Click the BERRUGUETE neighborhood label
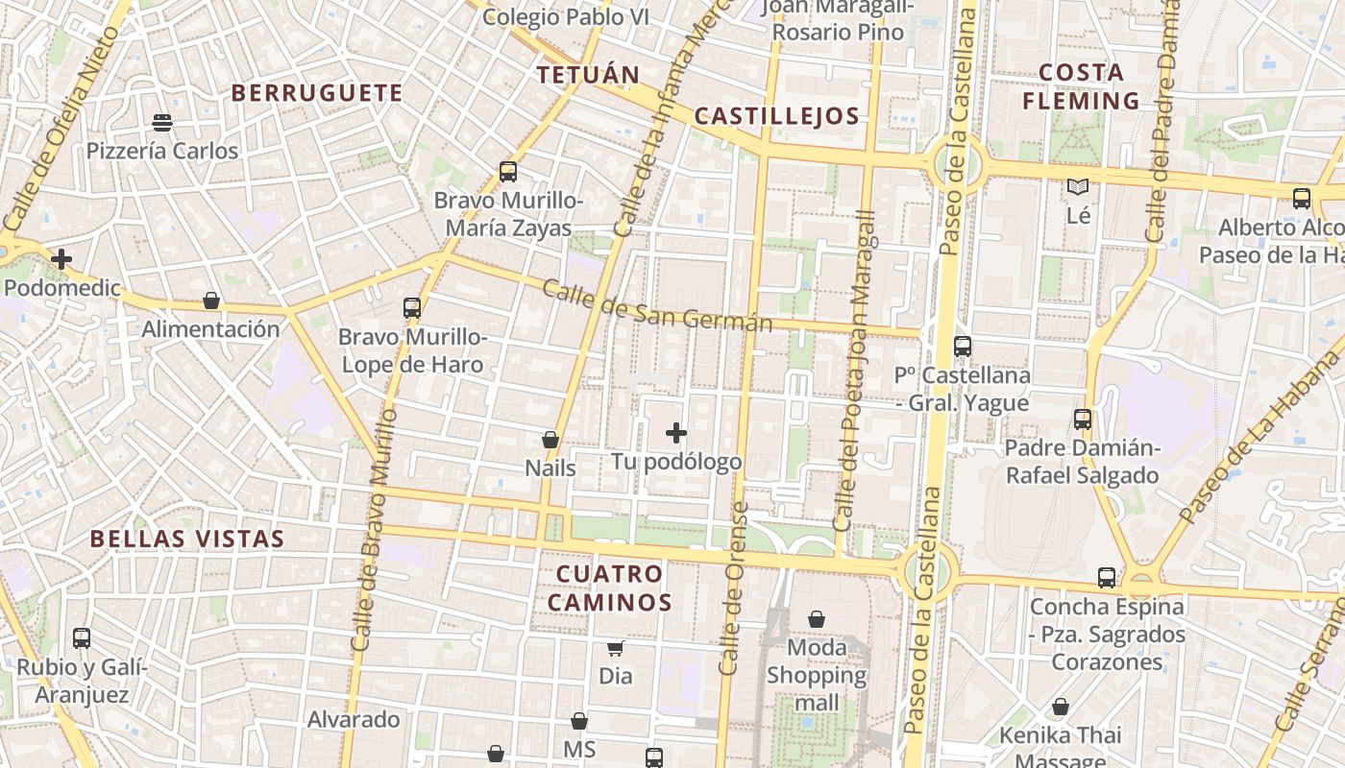(x=316, y=93)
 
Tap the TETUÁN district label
(x=588, y=76)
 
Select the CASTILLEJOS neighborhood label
(x=776, y=117)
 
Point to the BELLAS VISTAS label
(x=187, y=539)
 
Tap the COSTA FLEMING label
(x=1081, y=86)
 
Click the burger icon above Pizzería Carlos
(x=162, y=122)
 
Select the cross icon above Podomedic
(x=61, y=258)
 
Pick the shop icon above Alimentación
(x=211, y=300)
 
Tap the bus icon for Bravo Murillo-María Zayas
(x=508, y=172)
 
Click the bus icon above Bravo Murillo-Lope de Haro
(x=412, y=308)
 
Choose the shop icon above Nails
(x=550, y=440)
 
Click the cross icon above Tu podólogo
(x=676, y=433)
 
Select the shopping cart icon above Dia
(x=616, y=648)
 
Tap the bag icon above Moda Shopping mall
(x=817, y=619)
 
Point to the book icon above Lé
(x=1078, y=187)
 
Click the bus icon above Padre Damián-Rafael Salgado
(x=1083, y=420)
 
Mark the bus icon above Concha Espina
(x=1107, y=578)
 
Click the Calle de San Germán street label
(x=657, y=305)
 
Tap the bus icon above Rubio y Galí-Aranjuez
(x=82, y=637)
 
